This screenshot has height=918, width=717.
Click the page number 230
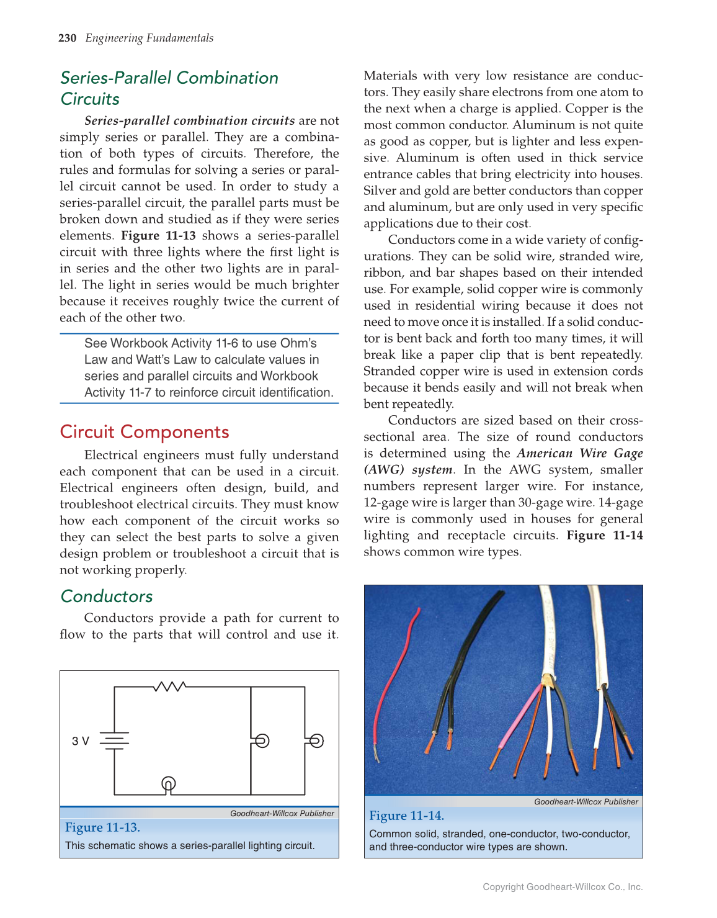pyautogui.click(x=67, y=38)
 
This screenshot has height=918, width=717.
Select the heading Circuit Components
pyautogui.click(x=145, y=432)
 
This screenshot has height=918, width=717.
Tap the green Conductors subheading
pyautogui.click(x=107, y=596)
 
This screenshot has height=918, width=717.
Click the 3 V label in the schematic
pyautogui.click(x=81, y=741)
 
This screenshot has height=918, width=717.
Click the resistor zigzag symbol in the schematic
pyautogui.click(x=169, y=686)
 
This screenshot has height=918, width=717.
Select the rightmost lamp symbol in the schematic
pyautogui.click(x=316, y=740)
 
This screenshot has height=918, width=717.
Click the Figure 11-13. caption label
pyautogui.click(x=103, y=827)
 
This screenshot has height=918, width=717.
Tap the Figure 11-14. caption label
pyautogui.click(x=407, y=816)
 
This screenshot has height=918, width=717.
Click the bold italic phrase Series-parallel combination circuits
pyautogui.click(x=189, y=120)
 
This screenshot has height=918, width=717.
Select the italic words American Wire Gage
pyautogui.click(x=579, y=453)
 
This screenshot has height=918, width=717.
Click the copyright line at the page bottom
pyautogui.click(x=563, y=887)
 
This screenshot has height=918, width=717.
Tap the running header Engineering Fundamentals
pyautogui.click(x=149, y=38)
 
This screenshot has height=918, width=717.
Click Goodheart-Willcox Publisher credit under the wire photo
pyautogui.click(x=586, y=802)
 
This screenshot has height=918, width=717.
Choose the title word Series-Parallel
pyautogui.click(x=116, y=78)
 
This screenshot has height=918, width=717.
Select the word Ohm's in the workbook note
pyautogui.click(x=298, y=343)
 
